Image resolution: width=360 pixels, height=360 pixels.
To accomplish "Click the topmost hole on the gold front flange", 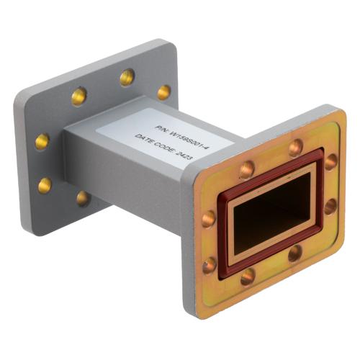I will (x=295, y=148).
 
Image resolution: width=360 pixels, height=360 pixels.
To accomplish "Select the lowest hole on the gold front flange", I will (x=247, y=276).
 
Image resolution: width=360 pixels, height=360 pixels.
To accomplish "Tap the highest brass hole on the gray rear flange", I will (x=127, y=76).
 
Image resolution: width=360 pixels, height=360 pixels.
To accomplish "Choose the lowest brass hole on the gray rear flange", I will (x=84, y=198).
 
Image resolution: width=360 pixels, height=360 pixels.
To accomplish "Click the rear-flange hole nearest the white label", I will (x=164, y=92).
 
